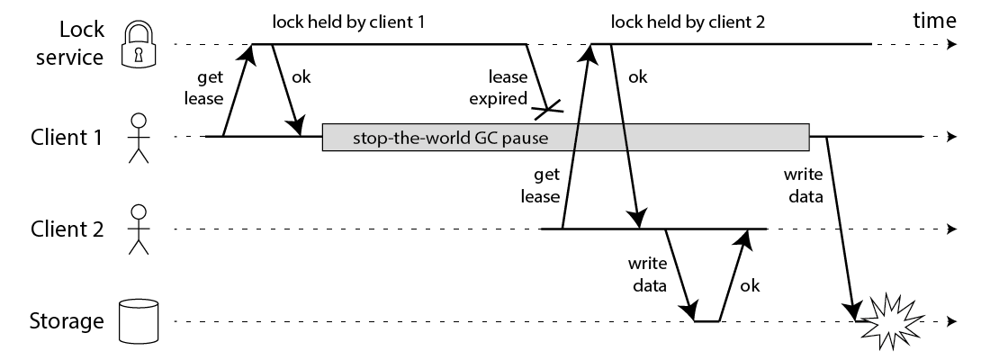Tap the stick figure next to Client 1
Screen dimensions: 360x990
[138, 138]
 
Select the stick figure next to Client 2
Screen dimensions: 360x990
[138, 229]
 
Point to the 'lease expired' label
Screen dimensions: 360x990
[504, 87]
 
